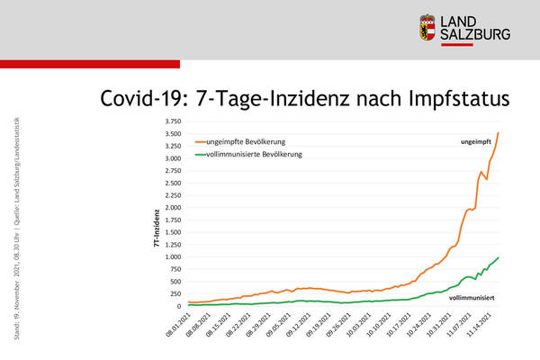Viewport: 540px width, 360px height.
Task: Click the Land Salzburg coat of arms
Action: coord(428,28)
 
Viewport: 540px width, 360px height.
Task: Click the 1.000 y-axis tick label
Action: coord(170,257)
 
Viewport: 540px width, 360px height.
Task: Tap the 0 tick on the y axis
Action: coord(177,306)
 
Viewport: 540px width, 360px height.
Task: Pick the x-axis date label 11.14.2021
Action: coord(482,322)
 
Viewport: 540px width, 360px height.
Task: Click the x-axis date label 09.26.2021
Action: coord(338,322)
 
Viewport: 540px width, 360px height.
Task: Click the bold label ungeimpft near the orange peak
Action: coord(476,142)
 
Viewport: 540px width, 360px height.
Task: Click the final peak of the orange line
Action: coord(498,133)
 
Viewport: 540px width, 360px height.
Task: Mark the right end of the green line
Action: coord(498,257)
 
